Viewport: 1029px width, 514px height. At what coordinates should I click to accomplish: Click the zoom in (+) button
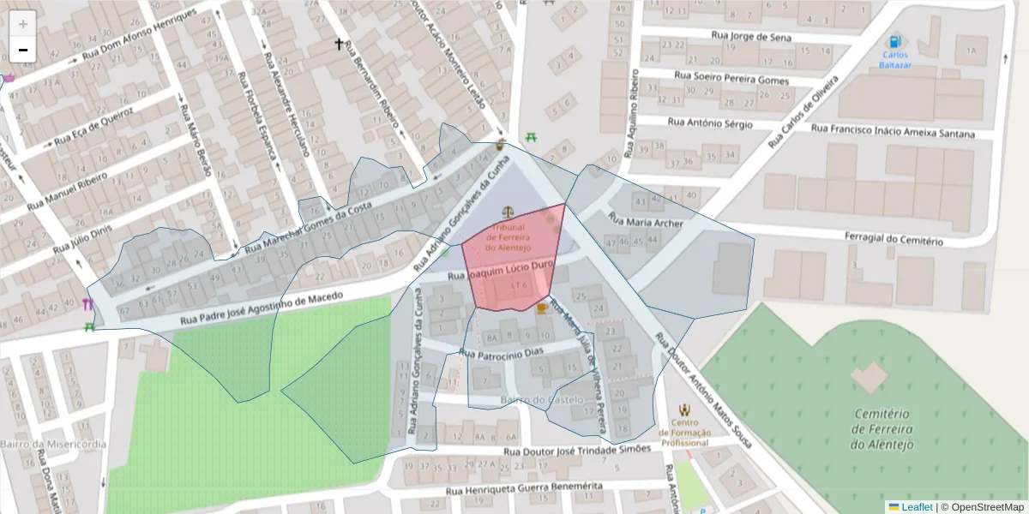(23, 24)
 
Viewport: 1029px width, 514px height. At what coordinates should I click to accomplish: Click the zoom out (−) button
(23, 50)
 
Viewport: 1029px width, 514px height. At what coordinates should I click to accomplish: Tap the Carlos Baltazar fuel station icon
(895, 41)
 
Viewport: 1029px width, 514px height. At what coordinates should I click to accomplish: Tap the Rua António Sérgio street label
(709, 123)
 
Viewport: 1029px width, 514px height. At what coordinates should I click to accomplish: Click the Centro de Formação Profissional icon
(684, 410)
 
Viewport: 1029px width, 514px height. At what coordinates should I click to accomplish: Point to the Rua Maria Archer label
(645, 222)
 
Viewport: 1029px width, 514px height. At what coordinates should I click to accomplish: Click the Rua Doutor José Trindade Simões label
(577, 451)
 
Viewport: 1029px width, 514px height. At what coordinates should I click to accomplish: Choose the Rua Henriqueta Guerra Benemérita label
(524, 489)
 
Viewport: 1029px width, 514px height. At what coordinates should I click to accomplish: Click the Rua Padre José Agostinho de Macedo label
(262, 310)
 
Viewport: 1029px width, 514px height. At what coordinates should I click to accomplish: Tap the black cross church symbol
(339, 44)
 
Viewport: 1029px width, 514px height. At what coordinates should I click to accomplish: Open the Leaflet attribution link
(917, 507)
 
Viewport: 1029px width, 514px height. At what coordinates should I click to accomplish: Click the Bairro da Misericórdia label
(53, 444)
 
